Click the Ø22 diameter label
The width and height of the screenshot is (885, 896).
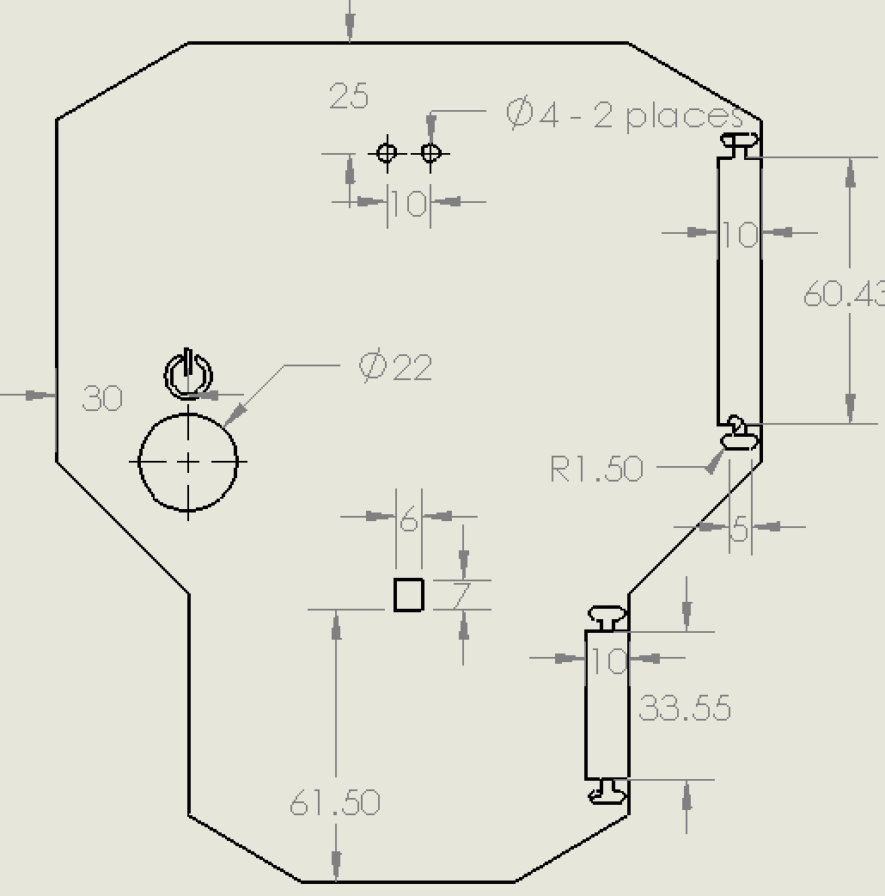[x=395, y=367]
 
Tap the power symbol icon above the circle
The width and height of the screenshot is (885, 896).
[x=188, y=375]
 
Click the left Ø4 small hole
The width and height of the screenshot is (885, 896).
[x=387, y=153]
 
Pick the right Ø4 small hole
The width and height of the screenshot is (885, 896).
[x=430, y=153]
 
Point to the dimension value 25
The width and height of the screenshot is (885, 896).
[x=349, y=96]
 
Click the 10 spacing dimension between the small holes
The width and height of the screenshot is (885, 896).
[x=409, y=204]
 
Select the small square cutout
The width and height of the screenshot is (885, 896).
[x=409, y=594]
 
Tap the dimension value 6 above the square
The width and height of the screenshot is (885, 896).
[x=409, y=519]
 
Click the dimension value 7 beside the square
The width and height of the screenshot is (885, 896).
[x=461, y=595]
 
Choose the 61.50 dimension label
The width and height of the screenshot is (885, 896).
[x=335, y=803]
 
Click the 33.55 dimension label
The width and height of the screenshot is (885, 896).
[x=685, y=709]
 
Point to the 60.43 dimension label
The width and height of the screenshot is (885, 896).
[x=843, y=295]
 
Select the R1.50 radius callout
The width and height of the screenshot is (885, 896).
[x=596, y=469]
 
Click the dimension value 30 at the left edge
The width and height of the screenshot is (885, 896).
[x=102, y=399]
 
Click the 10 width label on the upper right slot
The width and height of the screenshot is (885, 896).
[x=739, y=234]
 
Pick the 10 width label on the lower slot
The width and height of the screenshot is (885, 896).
[x=607, y=661]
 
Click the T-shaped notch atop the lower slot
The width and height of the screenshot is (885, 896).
[x=607, y=617]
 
